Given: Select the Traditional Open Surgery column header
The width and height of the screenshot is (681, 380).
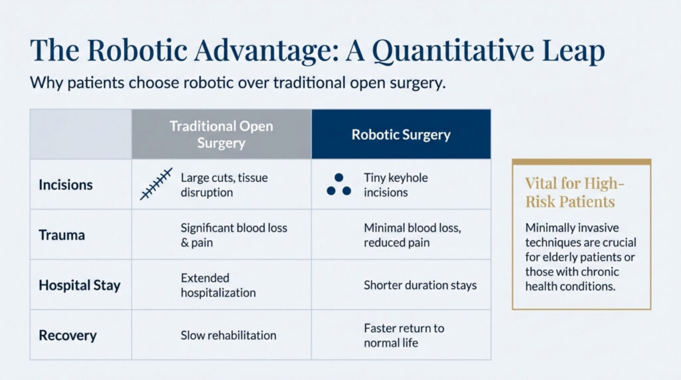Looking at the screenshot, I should coord(221,134).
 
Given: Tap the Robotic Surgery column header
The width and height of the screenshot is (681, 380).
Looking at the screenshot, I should coord(401,135).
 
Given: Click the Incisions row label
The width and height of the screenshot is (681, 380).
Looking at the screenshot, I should coord(65,184).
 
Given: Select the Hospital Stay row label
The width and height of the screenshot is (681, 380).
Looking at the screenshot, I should coord(80,286).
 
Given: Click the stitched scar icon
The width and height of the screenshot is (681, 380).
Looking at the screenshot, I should coord(156,184).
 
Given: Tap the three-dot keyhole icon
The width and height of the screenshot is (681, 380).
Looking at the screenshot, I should coord(339,185).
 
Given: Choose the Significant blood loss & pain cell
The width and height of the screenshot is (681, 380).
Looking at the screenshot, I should coord(234,235).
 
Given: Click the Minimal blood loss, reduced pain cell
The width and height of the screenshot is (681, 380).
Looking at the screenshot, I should coord(412,235).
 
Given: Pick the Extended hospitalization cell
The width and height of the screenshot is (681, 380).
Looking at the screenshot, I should coord(218,285).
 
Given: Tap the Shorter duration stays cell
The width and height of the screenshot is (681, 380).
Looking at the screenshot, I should coord(420,286).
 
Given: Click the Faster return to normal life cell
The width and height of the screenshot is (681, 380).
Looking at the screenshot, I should coord(404,335).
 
